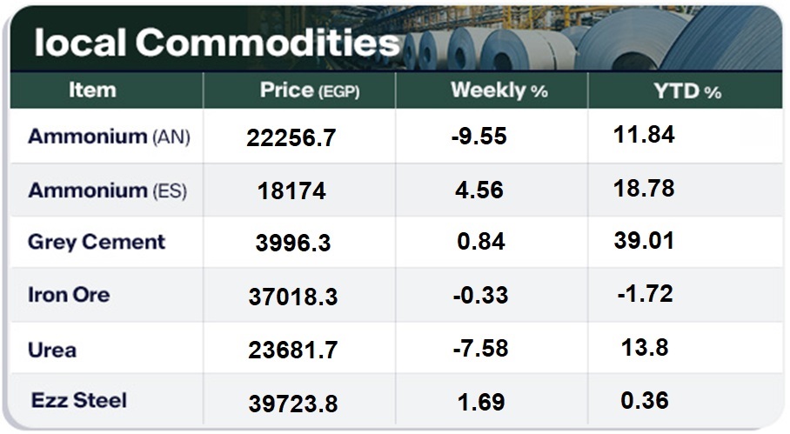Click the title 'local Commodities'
coord(217,43)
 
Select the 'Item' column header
coord(92,90)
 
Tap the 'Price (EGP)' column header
coord(310,90)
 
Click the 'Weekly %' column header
coord(499,90)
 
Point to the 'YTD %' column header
coord(687,90)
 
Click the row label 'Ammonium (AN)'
coord(109,137)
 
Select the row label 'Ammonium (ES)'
coord(107,190)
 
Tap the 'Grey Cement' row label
coord(97,242)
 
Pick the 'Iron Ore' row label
coord(69,295)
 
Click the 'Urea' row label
coord(52,350)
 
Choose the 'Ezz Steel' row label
coord(79,400)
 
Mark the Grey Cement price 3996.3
coord(293,244)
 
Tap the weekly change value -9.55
coord(479,137)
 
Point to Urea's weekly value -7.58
coord(479,350)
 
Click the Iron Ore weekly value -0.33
coord(480,296)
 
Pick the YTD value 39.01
coord(644,240)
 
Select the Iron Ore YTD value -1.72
coord(645,294)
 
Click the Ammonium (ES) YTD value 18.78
coord(644,188)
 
